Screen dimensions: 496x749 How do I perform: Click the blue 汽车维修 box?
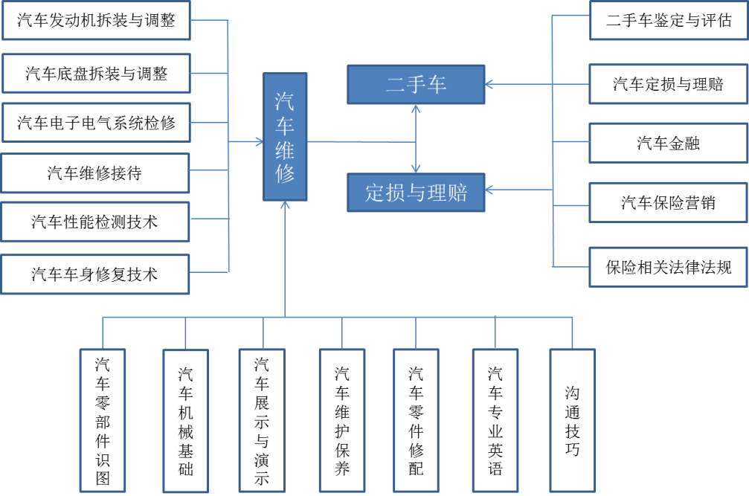pyautogui.click(x=285, y=137)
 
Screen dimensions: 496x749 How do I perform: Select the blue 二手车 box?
pyautogui.click(x=416, y=84)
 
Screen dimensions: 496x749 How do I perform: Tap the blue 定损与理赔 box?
pyautogui.click(x=416, y=192)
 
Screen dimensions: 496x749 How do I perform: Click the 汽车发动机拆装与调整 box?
pyautogui.click(x=95, y=20)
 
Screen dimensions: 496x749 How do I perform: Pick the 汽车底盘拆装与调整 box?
pyautogui.click(x=95, y=73)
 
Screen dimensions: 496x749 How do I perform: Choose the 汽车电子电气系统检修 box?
pyautogui.click(x=95, y=122)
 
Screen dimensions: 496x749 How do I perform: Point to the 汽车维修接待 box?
pyautogui.click(x=95, y=173)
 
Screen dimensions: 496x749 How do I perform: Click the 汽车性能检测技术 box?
pyautogui.click(x=95, y=222)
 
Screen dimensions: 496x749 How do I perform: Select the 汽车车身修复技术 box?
pyautogui.click(x=95, y=274)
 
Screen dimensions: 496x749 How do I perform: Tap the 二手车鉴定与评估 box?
pyautogui.click(x=669, y=20)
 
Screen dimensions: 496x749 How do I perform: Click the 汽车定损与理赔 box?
pyautogui.click(x=669, y=83)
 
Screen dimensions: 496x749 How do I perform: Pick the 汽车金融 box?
pyautogui.click(x=669, y=143)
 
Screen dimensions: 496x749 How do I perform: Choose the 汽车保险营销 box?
pyautogui.click(x=669, y=202)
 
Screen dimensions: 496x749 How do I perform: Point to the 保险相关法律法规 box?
pyautogui.click(x=669, y=266)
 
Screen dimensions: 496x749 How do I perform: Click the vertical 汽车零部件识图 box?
pyautogui.click(x=103, y=420)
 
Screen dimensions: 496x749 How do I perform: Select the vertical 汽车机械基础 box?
pyautogui.click(x=185, y=420)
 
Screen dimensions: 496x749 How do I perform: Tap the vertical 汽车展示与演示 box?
pyautogui.click(x=262, y=420)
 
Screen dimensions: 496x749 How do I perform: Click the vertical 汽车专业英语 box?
pyautogui.click(x=495, y=420)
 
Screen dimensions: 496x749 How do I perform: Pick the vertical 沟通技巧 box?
pyautogui.click(x=572, y=420)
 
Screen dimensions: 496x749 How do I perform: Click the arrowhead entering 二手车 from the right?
pyautogui.click(x=489, y=84)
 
